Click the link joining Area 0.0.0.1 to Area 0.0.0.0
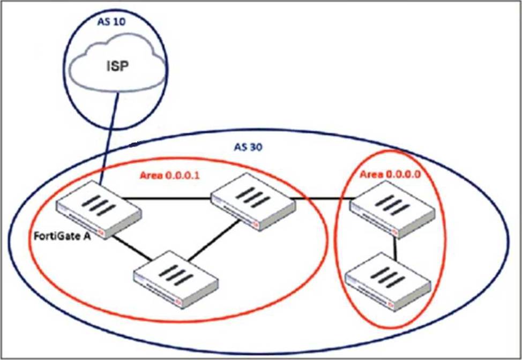pyautogui.click(x=320, y=198)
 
